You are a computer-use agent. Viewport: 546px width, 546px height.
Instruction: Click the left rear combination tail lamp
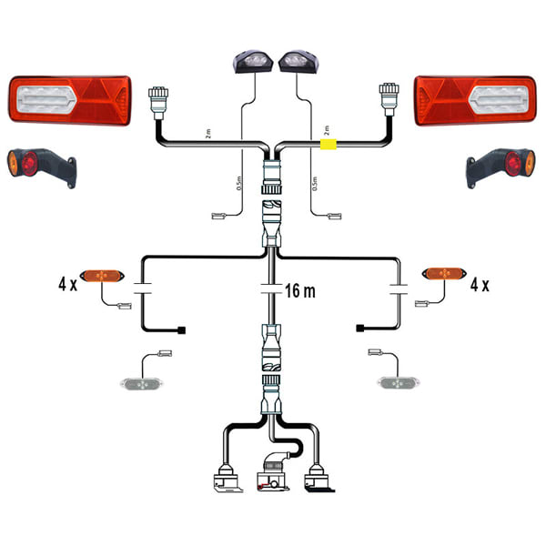tap(70, 100)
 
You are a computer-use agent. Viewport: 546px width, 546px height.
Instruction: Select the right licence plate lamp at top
tap(297, 61)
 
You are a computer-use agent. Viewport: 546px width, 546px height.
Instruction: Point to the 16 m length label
tap(301, 292)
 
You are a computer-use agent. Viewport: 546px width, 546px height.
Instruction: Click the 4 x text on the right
tap(480, 285)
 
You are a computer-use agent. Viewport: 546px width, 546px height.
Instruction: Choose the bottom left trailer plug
tap(225, 480)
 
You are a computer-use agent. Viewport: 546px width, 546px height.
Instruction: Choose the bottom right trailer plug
tap(319, 480)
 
